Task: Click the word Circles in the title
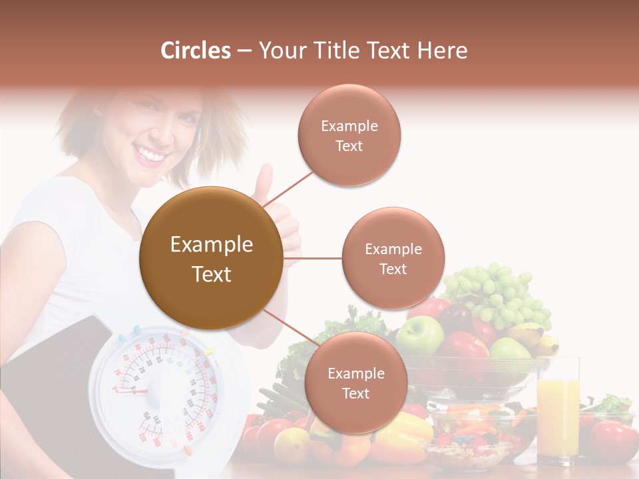196,51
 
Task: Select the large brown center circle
211,258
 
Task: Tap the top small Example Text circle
349,135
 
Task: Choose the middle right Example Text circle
393,258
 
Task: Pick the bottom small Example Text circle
355,383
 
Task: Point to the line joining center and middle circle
312,258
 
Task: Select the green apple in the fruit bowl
420,335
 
